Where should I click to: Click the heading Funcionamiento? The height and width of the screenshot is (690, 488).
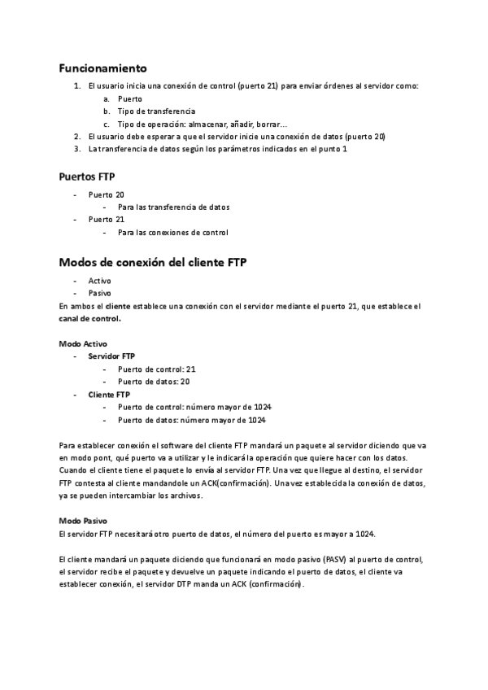[102, 68]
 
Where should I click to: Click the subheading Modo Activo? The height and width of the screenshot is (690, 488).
[83, 343]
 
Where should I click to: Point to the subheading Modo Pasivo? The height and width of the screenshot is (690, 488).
[84, 520]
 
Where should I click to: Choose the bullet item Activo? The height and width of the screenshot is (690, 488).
[100, 280]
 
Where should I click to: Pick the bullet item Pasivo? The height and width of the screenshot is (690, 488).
[100, 293]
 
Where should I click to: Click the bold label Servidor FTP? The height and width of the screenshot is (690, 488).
[112, 356]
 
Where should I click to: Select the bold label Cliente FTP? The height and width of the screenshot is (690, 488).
[109, 395]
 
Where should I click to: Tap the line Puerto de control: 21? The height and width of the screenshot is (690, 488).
[157, 369]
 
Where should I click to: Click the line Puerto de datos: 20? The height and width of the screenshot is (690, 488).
[154, 382]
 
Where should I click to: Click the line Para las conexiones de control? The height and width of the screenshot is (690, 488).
[172, 233]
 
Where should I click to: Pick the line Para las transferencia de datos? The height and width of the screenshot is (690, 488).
[173, 207]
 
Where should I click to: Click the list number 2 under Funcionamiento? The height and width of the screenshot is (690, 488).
[76, 137]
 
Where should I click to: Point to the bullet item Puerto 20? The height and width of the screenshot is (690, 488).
[107, 194]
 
